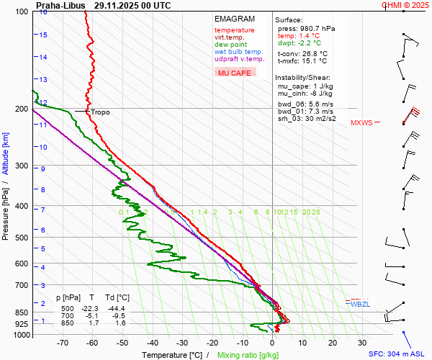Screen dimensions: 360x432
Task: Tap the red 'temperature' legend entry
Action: [x=234, y=30]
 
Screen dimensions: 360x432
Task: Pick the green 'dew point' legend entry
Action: [x=230, y=45]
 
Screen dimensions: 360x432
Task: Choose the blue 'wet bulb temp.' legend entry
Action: [x=238, y=52]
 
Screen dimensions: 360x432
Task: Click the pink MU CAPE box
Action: [x=235, y=73]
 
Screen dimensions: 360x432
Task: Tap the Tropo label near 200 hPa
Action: [x=100, y=112]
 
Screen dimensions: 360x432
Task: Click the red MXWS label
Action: [x=361, y=123]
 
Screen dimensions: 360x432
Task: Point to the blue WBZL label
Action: [x=359, y=305]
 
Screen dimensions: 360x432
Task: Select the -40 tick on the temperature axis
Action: [x=151, y=343]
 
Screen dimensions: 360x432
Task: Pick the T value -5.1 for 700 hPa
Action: [x=91, y=315]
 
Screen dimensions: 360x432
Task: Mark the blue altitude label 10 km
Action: [x=42, y=147]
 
